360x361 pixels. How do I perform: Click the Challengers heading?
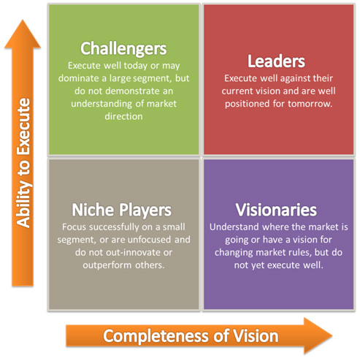(x=123, y=49)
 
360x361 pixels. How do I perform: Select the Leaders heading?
(x=276, y=61)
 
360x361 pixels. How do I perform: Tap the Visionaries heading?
(x=276, y=210)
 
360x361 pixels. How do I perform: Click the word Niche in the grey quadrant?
(x=93, y=210)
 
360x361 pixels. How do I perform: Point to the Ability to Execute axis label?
(x=23, y=163)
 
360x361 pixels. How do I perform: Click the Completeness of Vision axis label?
(x=191, y=336)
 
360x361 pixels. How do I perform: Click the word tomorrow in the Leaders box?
(x=310, y=104)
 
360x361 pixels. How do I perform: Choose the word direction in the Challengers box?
(x=123, y=116)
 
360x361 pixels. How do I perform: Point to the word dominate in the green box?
(x=75, y=78)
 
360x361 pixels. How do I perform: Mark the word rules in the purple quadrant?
(x=300, y=253)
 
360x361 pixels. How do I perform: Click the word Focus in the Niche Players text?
(x=74, y=227)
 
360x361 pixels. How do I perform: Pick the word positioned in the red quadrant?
(x=247, y=104)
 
